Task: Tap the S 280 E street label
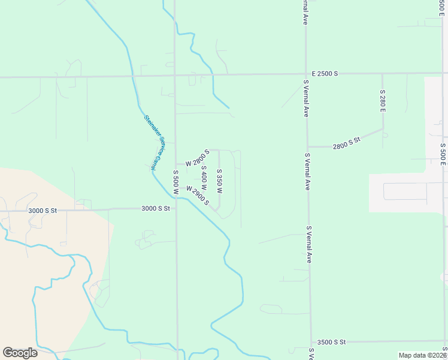pos(382,101)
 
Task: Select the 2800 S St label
pos(347,142)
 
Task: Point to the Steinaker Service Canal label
pos(153,142)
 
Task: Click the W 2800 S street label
pos(197,158)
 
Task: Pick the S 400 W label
pos(204,178)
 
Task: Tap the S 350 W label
pos(219,181)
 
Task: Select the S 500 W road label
pos(176,182)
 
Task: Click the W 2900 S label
pos(198,196)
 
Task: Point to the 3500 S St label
pos(332,342)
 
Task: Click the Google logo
pos(20,353)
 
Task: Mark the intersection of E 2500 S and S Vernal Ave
pos(306,74)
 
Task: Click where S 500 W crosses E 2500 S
pos(175,76)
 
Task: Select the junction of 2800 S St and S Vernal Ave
pos(308,147)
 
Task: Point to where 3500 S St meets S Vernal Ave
pos(311,342)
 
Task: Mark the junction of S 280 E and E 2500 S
pos(382,74)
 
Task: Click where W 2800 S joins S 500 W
pos(175,164)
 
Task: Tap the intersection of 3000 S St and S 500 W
pos(176,209)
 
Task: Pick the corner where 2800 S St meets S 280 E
pos(383,129)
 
